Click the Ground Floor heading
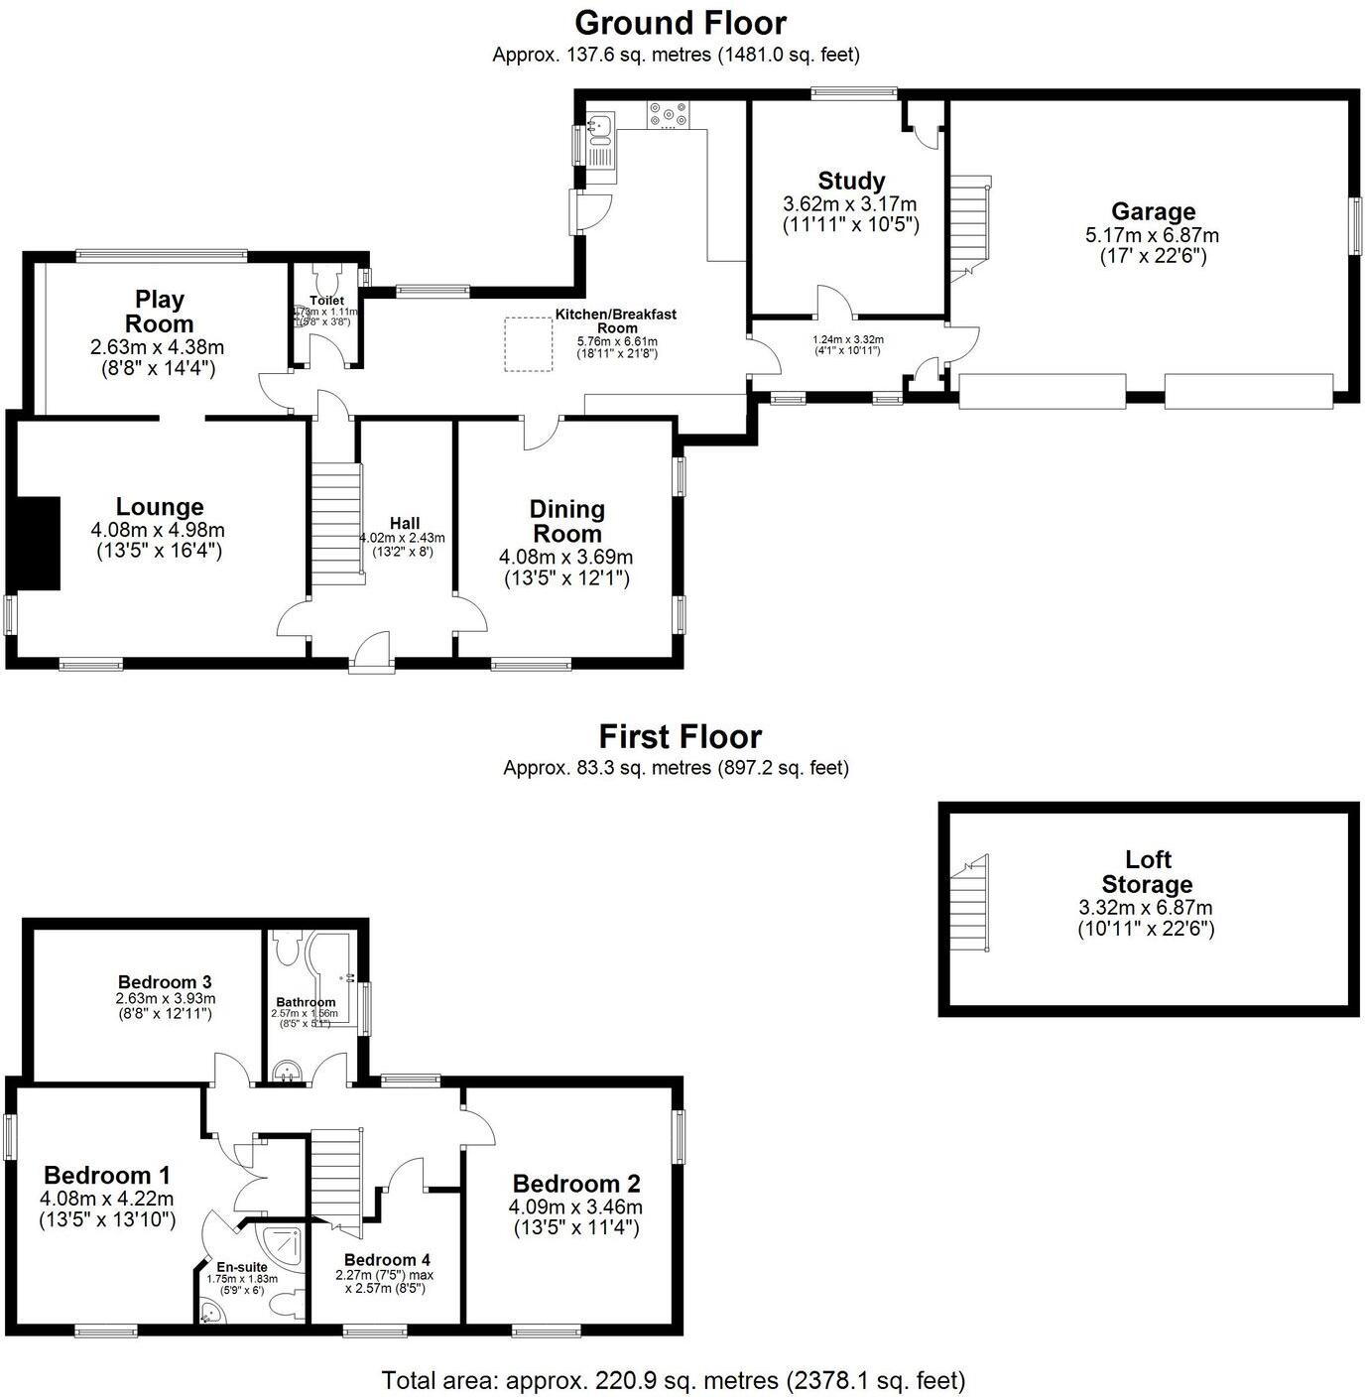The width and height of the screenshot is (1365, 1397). click(681, 23)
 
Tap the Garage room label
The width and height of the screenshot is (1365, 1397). click(1153, 211)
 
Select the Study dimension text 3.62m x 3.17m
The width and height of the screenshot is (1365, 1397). click(850, 204)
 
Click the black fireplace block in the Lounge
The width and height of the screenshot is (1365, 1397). click(37, 544)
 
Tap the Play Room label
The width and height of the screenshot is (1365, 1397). click(160, 312)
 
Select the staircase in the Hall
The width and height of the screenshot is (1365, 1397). click(335, 527)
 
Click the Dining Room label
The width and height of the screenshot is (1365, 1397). click(566, 521)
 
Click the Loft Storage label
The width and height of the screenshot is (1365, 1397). click(1147, 872)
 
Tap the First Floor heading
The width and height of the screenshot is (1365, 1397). click(681, 737)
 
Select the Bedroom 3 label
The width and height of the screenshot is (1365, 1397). click(165, 981)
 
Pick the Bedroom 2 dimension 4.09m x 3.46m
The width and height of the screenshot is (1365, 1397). click(575, 1207)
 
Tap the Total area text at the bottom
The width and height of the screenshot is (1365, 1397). click(673, 1380)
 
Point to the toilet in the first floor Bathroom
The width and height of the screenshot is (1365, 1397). click(288, 949)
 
